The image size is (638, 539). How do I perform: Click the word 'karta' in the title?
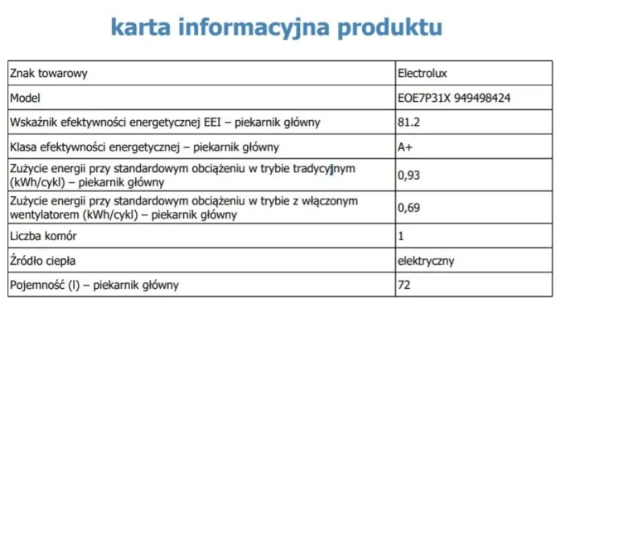pos(142,27)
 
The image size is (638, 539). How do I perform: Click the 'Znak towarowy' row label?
pos(49,73)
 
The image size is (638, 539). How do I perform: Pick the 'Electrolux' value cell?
pos(423,73)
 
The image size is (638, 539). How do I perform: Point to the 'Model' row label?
pos(25,98)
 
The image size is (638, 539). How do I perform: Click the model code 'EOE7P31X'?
pos(424,98)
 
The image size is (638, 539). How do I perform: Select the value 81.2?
pos(408,123)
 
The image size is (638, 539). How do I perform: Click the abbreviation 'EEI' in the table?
pos(215,123)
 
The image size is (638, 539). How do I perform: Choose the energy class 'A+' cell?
pos(406,147)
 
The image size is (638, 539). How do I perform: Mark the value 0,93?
pos(409,176)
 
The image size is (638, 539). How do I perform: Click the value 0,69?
pos(409,208)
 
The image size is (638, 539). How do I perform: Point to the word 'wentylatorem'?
pos(45,214)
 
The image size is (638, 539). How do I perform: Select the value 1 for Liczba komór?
pos(402,236)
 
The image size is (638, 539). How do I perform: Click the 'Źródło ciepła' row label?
pos(42,261)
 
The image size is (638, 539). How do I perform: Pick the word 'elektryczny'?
pos(426,261)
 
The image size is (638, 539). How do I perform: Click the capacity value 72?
pos(405,286)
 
